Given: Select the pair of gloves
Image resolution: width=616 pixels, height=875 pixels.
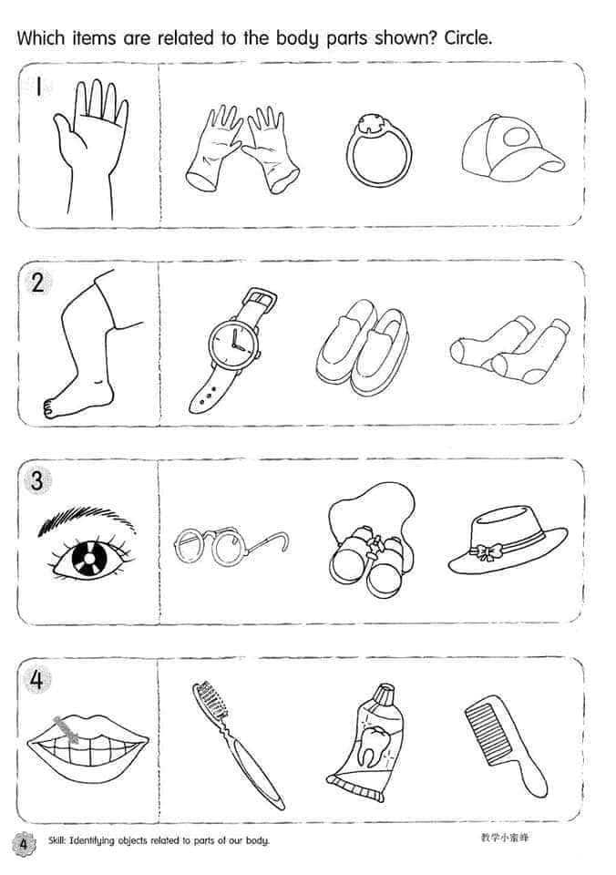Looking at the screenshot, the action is click(242, 149).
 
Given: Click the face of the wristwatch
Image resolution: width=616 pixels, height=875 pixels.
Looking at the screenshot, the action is click(234, 342).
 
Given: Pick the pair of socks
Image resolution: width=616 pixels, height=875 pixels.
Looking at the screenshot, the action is click(509, 350).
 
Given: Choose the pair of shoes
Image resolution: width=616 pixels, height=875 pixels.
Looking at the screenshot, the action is click(363, 346).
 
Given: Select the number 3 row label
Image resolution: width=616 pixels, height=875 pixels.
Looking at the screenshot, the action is click(36, 480).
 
